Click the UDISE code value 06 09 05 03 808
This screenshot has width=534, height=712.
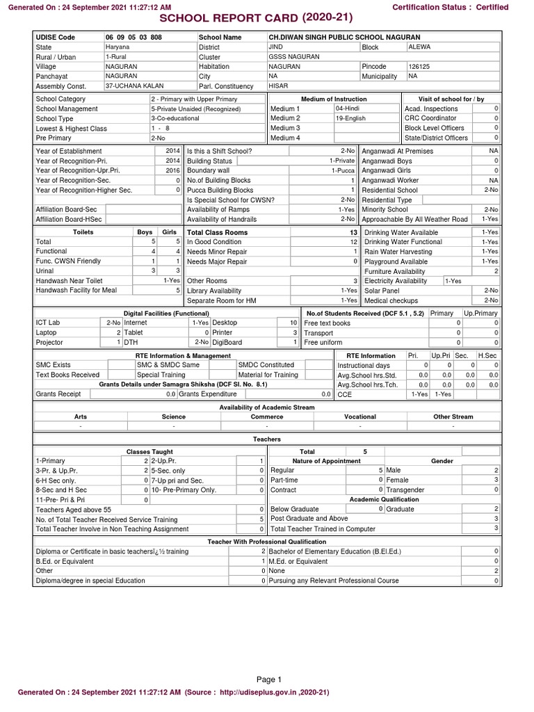[x=133, y=37]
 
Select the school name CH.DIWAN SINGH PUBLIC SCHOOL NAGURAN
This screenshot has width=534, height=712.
[x=344, y=37]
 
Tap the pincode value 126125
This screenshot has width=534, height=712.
[x=419, y=67]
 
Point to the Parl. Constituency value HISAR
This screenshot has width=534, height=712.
[x=277, y=86]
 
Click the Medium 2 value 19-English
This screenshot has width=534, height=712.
[x=350, y=119]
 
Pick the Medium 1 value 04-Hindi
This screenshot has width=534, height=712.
[x=347, y=109]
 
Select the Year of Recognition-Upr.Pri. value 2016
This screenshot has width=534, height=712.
[x=173, y=170]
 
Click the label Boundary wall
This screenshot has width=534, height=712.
[x=208, y=170]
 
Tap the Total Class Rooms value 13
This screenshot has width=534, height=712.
[x=354, y=232]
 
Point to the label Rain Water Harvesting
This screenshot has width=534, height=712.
[x=398, y=252]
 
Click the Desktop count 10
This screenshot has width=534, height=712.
[x=293, y=323]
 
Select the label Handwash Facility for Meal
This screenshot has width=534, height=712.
[x=76, y=291]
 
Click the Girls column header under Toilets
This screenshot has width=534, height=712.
[x=169, y=232]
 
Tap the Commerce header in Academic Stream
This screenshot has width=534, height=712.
[x=267, y=417]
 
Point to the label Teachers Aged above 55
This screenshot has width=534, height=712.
[x=73, y=510]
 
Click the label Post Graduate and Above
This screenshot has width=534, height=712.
[x=309, y=519]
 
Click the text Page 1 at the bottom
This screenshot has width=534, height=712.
[x=267, y=679]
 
